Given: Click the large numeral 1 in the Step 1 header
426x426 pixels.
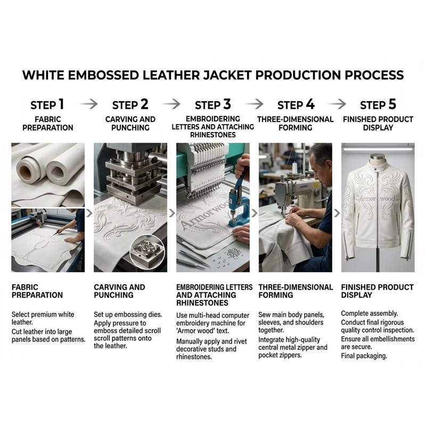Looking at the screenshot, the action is (61, 104).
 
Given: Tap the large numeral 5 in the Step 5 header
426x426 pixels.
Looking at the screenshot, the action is (392, 104).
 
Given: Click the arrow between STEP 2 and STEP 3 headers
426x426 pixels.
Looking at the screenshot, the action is (171, 104).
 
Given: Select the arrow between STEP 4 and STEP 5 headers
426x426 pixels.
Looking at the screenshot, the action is (337, 104).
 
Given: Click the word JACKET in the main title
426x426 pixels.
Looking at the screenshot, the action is (227, 75).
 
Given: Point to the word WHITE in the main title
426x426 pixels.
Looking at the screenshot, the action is (43, 75).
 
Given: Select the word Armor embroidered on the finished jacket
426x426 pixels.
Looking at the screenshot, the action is (367, 199).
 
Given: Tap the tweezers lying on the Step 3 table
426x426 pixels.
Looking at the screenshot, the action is (192, 259).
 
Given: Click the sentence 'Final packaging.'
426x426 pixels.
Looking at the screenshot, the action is (364, 356).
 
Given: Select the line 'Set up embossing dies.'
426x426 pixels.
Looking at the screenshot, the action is (128, 315).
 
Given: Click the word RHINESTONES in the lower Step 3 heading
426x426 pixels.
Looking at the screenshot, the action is (202, 302).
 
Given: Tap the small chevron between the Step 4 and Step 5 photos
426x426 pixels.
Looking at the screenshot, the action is (337, 213).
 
